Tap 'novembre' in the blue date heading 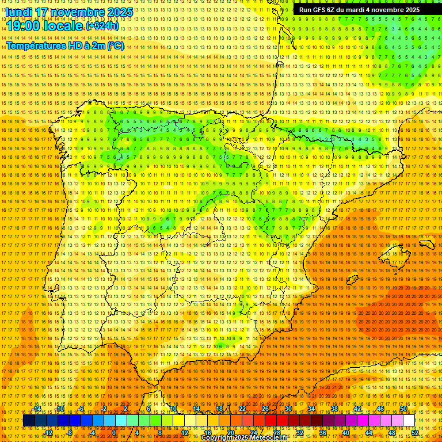point(77,12)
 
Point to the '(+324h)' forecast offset point(102,26)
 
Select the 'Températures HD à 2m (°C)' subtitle point(65,45)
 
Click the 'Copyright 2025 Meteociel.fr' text point(244,438)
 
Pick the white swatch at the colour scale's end point(409,421)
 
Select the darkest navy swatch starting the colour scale point(29,421)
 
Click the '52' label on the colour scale point(415,432)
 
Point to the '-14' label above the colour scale point(37,409)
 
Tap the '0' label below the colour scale point(114,432)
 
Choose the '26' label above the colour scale point(265,409)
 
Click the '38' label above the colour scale point(334,409)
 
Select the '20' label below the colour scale point(230,432)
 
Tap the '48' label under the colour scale point(392,432)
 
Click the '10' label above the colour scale point(173,409)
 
